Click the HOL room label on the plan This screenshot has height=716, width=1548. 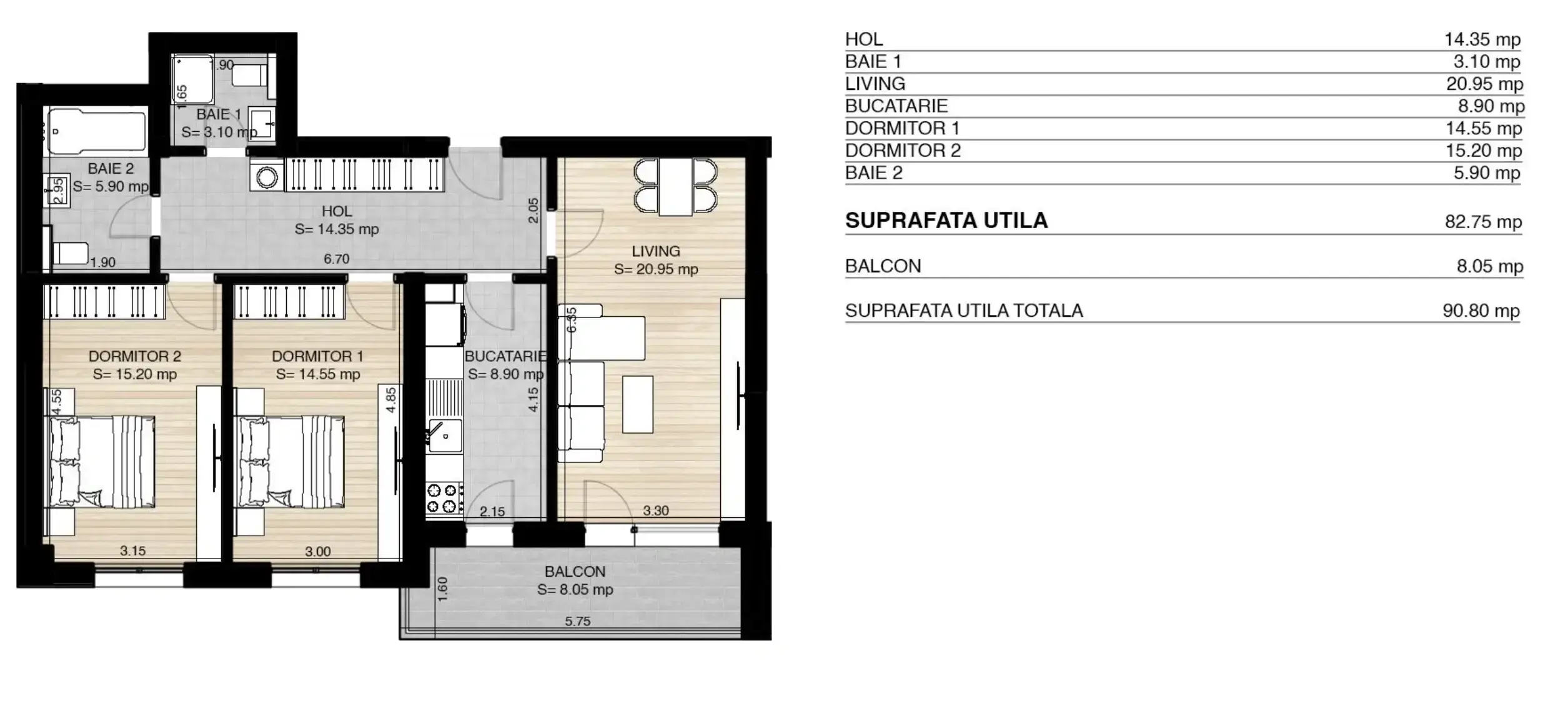tap(337, 211)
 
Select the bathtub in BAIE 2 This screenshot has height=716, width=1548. tap(97, 131)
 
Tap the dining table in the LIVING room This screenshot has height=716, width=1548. tap(675, 187)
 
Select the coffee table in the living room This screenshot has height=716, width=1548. tap(638, 404)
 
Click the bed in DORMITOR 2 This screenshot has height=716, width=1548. tap(102, 461)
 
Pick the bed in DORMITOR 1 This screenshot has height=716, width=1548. tap(292, 461)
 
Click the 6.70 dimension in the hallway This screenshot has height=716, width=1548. tap(337, 259)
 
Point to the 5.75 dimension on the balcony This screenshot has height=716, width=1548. tap(578, 621)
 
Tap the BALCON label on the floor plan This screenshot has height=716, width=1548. tap(575, 572)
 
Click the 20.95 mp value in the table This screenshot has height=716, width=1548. tap(1484, 84)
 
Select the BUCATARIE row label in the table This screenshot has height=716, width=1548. tap(896, 106)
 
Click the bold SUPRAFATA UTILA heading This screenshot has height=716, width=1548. tap(946, 221)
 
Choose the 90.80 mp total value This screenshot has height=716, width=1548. tap(1481, 311)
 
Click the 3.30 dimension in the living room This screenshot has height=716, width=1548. tap(656, 510)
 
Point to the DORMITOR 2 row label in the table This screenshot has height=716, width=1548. tap(903, 151)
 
